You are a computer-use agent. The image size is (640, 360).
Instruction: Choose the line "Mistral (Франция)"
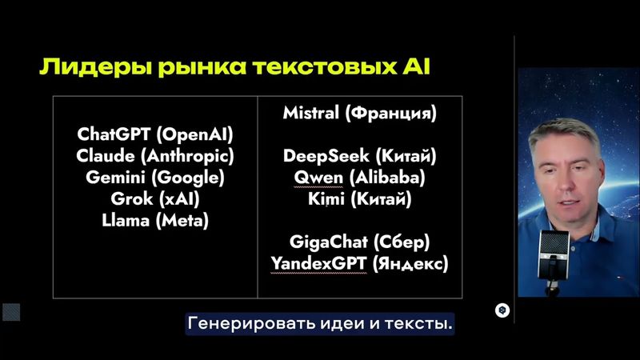(x=359, y=114)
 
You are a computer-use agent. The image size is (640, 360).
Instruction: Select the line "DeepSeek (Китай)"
(x=359, y=156)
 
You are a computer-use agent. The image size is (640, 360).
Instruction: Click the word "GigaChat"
(x=323, y=241)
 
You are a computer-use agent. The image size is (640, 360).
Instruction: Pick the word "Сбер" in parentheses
(x=405, y=241)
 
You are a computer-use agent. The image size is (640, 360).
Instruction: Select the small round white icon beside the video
(x=502, y=311)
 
